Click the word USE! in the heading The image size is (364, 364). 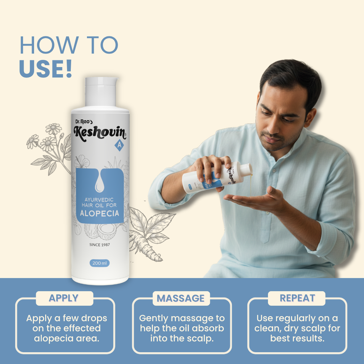(x=45, y=69)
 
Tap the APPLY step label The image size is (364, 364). (x=63, y=298)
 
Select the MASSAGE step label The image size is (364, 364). (x=181, y=298)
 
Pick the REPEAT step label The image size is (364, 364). (x=298, y=298)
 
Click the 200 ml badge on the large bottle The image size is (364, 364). (x=100, y=263)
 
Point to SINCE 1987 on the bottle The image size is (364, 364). (x=100, y=245)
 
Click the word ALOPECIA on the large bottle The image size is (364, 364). (x=100, y=213)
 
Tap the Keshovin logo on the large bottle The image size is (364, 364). (x=100, y=133)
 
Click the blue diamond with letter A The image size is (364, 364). (x=119, y=145)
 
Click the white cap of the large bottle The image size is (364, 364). (x=101, y=92)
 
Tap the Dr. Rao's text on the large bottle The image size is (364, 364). (x=84, y=122)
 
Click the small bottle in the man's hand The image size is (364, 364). (x=217, y=177)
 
